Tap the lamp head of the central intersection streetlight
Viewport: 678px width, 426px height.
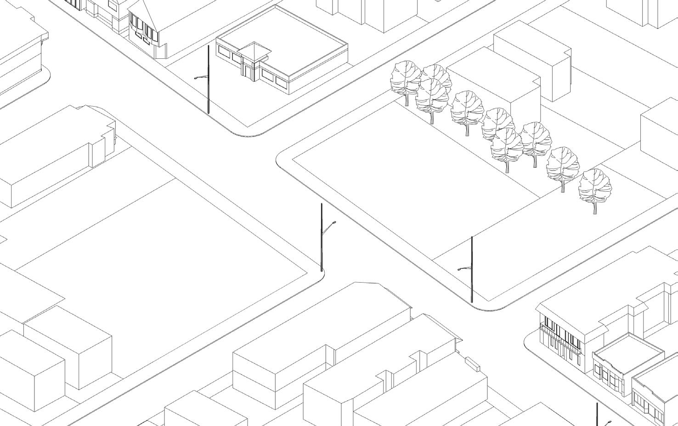click(x=334, y=223)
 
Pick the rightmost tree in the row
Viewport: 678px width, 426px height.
click(x=595, y=186)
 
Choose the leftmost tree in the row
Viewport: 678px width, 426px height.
click(x=405, y=78)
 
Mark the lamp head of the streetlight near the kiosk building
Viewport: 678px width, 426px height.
click(x=197, y=78)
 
